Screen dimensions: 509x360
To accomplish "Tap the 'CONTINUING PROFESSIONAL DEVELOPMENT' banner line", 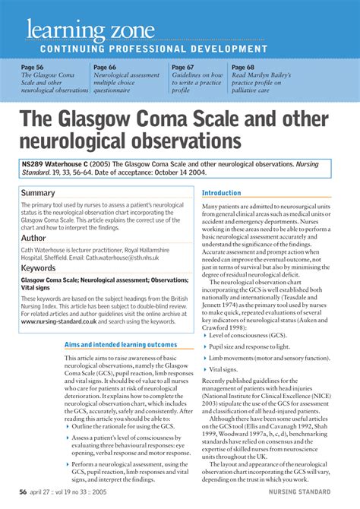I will click(x=148, y=49).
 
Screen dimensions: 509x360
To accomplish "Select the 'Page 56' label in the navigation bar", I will click(x=34, y=68).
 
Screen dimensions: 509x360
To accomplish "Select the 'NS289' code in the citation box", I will click(x=36, y=164).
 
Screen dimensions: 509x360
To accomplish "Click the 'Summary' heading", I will click(x=39, y=193).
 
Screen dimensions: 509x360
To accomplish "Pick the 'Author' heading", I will click(x=35, y=238).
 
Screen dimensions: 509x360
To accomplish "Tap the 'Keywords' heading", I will click(x=39, y=268).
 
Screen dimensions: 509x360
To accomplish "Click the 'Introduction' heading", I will click(x=222, y=193).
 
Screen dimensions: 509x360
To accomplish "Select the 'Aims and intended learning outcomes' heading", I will click(x=121, y=344).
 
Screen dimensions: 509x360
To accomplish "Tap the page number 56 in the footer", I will click(x=24, y=492).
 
